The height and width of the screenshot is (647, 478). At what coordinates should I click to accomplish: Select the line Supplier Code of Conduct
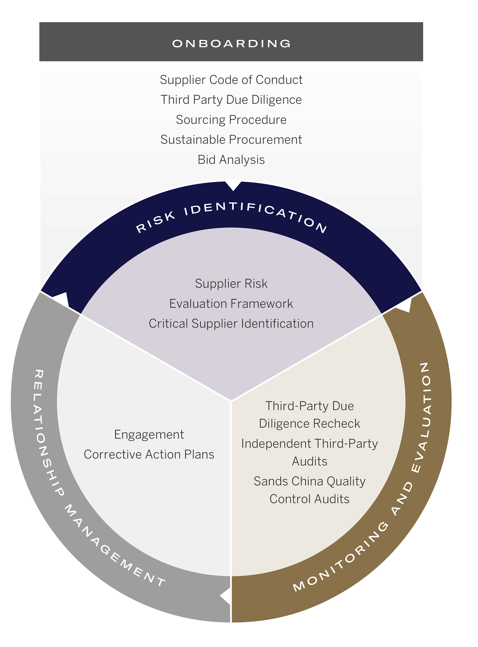231,80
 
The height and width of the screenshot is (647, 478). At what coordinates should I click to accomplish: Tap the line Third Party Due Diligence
231,100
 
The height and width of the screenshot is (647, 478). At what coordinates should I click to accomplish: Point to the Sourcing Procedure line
231,120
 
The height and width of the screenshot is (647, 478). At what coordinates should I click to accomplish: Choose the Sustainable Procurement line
231,140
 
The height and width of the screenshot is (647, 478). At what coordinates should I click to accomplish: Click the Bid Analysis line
231,160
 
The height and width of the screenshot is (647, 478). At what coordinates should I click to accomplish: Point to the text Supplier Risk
231,284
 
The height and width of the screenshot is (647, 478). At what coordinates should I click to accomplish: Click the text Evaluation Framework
231,304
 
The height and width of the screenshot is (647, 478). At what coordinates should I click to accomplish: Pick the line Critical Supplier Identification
231,324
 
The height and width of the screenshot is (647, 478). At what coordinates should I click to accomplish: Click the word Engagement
149,435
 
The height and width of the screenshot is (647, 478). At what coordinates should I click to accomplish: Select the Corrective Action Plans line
149,454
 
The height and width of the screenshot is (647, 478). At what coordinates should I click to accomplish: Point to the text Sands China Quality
310,481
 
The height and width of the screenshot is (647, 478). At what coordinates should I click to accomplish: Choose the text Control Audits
310,499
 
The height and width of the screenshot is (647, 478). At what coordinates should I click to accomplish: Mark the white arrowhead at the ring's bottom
226,596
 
